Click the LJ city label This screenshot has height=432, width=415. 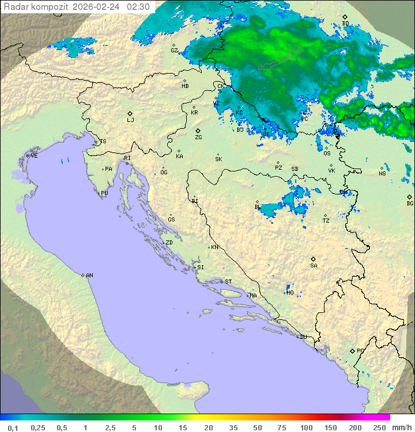[x=130, y=120]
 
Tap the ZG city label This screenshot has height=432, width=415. [x=199, y=137]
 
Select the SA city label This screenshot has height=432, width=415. [x=314, y=266]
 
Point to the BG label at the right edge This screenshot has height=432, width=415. [x=410, y=204]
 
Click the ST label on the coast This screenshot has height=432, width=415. [x=228, y=282]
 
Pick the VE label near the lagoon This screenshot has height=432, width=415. [x=34, y=156]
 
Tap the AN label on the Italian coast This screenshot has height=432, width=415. [x=89, y=276]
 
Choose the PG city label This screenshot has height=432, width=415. [x=360, y=350]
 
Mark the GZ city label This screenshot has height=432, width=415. [x=174, y=51]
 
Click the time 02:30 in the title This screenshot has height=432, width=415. [x=138, y=7]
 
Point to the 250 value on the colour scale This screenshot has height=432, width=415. [x=379, y=427]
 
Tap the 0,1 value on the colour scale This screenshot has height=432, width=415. [x=13, y=427]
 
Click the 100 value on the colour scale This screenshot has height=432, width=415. [x=306, y=427]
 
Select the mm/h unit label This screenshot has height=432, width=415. [x=401, y=427]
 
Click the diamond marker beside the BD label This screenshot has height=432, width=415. [x=345, y=17]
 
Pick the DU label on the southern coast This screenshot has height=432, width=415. [x=303, y=337]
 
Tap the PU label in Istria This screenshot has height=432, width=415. [x=104, y=193]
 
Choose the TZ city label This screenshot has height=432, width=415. [x=326, y=221]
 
